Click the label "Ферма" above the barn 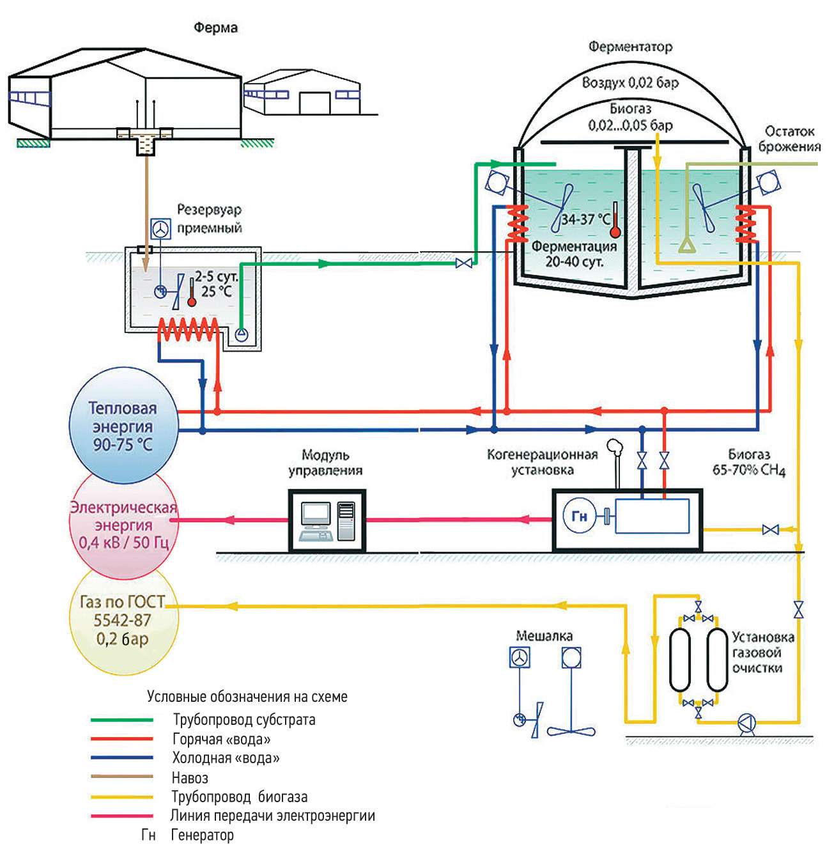pos(215,27)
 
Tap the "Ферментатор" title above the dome pos(630,47)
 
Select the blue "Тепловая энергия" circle pos(123,426)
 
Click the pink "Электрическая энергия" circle pos(123,525)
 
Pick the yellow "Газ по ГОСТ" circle pos(123,620)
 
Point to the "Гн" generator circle pos(579,516)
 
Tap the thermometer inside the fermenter pos(615,221)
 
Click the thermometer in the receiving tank pos(191,292)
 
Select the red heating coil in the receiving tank pos(189,329)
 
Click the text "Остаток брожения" pos(789,139)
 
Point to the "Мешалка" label pos(544,635)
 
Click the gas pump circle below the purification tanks pos(746,723)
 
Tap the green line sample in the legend pos(121,720)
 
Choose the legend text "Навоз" pos(190,778)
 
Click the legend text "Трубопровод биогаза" pos(240,797)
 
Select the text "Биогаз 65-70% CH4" pos(748,462)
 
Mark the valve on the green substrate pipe pos(464,263)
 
